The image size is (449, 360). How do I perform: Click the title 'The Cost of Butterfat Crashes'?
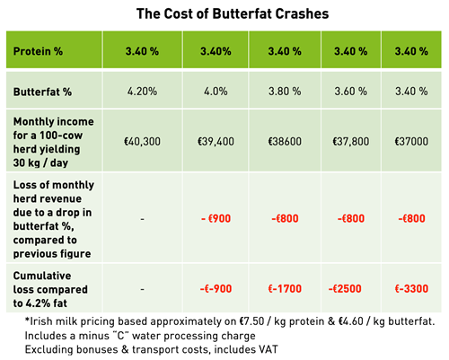233,13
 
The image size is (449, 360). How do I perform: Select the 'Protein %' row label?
38,51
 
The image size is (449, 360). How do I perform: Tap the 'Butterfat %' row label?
42,92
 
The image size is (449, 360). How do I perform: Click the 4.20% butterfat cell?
142,92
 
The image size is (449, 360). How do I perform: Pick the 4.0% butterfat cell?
216,92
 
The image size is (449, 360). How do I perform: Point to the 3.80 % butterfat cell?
285,92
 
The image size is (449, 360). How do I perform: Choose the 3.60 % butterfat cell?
351,92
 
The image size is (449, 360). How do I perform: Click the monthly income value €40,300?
142,141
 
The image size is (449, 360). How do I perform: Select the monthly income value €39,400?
216,141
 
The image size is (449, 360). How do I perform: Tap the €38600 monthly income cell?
285,141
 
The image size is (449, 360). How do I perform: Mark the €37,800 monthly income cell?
351,141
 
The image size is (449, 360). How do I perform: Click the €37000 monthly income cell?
411,141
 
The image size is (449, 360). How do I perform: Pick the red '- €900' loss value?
216,218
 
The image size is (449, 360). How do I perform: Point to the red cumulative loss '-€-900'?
216,289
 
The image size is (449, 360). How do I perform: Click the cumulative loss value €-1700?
285,289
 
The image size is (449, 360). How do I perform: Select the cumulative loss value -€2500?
345,289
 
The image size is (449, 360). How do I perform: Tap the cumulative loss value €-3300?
411,289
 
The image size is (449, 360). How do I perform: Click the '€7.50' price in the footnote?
251,321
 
